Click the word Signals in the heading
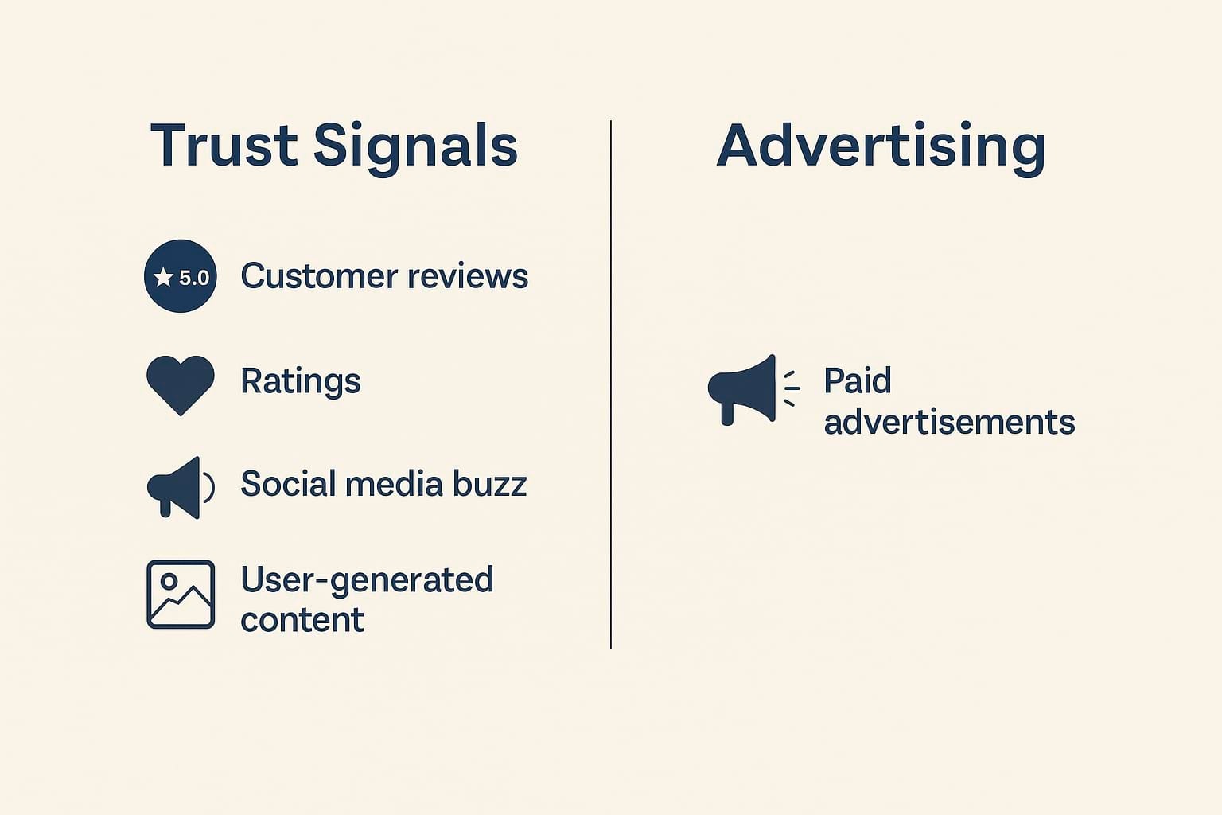pos(415,146)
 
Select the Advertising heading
pos(881,146)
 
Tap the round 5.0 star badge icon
pos(181,276)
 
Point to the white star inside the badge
pos(164,277)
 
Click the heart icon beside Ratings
pos(181,384)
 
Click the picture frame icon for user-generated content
pos(181,595)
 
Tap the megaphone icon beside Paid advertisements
pos(745,389)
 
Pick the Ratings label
pos(301,380)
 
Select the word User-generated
pos(367,580)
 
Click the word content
pos(302,620)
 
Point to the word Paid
pos(857,381)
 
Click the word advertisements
pos(949,422)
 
